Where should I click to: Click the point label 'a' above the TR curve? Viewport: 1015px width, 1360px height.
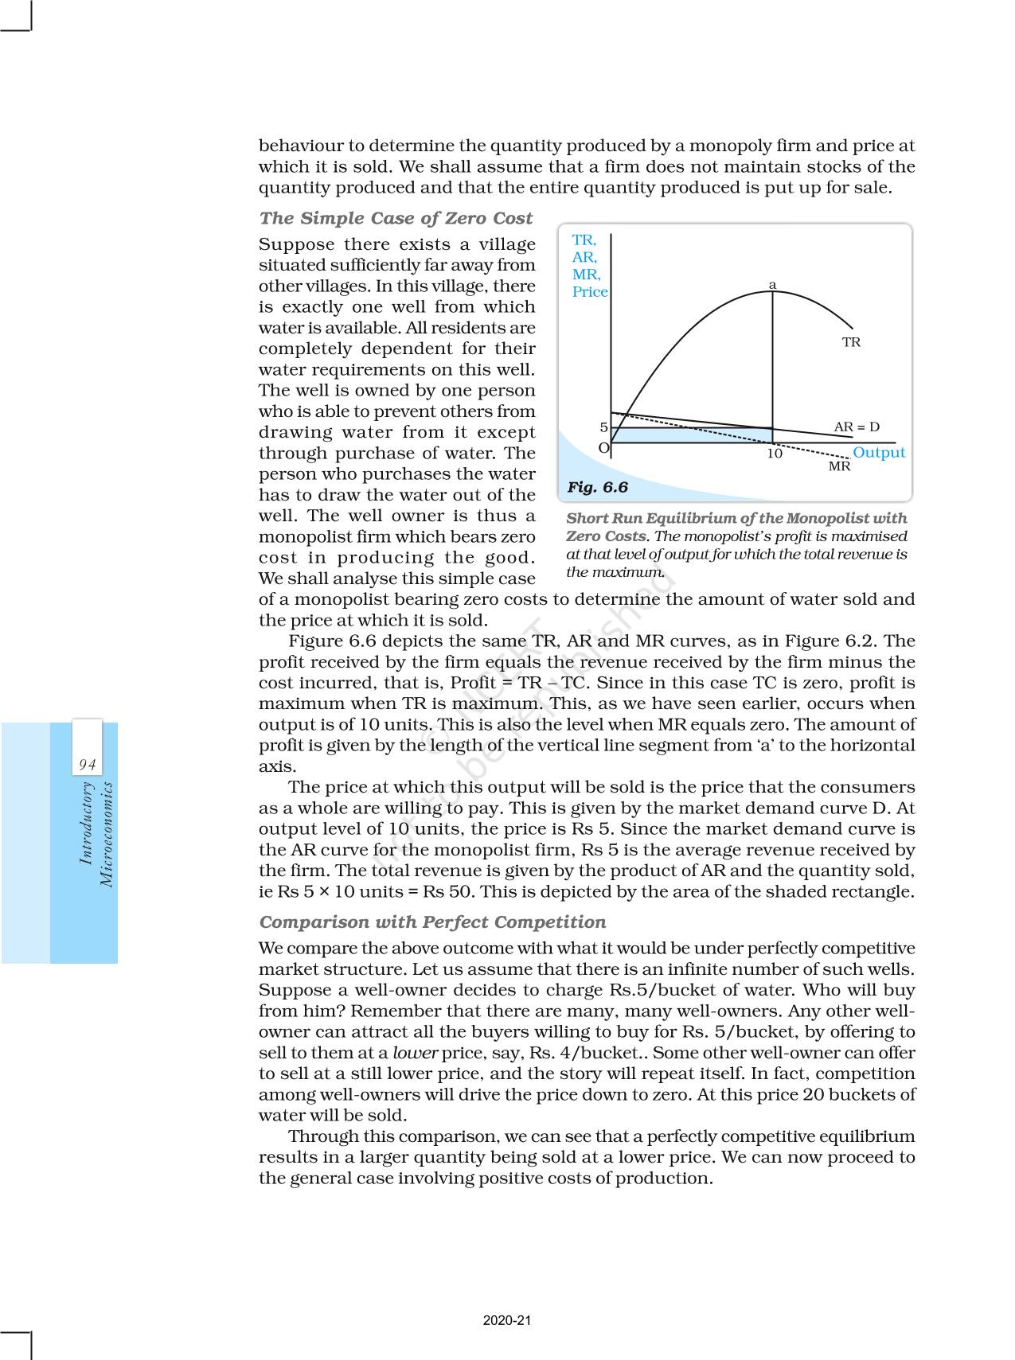[x=772, y=285]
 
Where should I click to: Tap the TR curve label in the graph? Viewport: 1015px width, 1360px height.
[x=851, y=342]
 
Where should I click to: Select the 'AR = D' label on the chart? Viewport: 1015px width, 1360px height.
[x=857, y=427]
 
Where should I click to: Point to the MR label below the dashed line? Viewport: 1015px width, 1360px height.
[x=839, y=466]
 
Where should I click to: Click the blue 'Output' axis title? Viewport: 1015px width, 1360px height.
[x=878, y=452]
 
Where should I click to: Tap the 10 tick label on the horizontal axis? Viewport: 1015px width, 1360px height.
[x=774, y=454]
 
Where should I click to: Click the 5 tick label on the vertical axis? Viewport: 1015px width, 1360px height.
[x=603, y=427]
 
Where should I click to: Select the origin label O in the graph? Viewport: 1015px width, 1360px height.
[x=603, y=448]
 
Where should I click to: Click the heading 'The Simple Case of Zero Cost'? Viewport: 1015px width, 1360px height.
[x=396, y=218]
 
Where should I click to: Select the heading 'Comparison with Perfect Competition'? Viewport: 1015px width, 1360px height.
[x=432, y=922]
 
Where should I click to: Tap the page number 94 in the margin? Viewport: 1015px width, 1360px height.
[x=87, y=765]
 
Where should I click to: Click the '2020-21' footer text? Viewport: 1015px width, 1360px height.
[x=507, y=1320]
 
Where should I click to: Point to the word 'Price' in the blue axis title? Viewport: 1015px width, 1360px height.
[x=590, y=292]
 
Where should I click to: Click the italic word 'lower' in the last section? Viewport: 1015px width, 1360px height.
[x=416, y=1053]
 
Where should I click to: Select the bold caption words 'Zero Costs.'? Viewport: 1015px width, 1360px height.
[x=607, y=536]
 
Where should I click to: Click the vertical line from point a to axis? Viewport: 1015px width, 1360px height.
[x=772, y=358]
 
